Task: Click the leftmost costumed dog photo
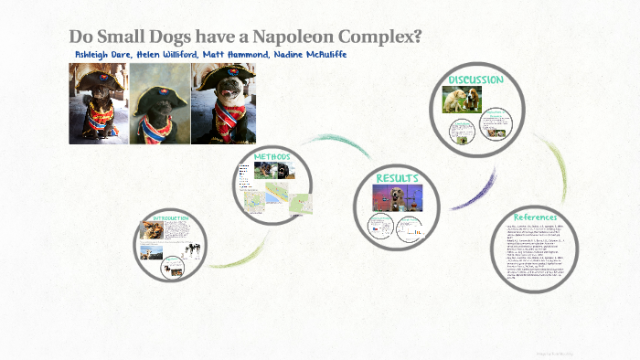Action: click(98, 103)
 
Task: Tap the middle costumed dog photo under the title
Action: click(158, 103)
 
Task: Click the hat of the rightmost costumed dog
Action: click(222, 76)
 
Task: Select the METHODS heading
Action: click(272, 156)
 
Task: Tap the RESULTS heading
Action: click(397, 177)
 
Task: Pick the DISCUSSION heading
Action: click(475, 80)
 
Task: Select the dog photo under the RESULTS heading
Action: click(396, 197)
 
